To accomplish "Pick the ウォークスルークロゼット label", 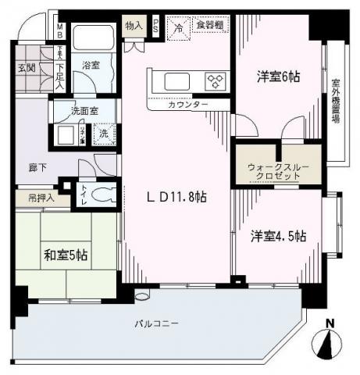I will tap(278, 170).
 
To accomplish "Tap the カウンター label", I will tap(188, 104).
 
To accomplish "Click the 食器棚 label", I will tap(209, 26).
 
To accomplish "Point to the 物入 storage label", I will tap(134, 26).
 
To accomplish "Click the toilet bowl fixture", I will tap(101, 194).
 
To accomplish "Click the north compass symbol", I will tap(330, 341).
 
